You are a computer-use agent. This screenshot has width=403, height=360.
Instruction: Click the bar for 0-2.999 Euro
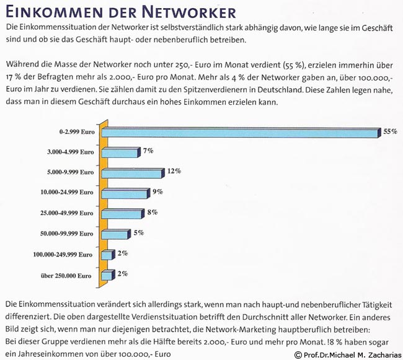click(239, 133)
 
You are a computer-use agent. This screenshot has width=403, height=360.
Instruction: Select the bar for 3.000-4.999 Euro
click(118, 152)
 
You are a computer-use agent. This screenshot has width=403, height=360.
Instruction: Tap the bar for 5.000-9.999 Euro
click(131, 173)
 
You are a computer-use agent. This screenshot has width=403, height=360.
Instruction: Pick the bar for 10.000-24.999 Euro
click(124, 193)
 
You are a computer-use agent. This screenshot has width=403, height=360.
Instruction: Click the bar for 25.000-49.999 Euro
click(122, 214)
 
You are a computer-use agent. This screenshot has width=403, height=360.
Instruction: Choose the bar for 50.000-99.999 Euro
click(115, 234)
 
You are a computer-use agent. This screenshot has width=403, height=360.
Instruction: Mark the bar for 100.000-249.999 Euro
click(107, 255)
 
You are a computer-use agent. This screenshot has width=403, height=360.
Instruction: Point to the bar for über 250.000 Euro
click(107, 275)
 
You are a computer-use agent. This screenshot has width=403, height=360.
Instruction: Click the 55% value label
click(390, 131)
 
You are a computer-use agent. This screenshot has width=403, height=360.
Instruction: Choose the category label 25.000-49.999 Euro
click(66, 213)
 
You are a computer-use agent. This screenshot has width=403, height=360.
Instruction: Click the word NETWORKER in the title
click(184, 12)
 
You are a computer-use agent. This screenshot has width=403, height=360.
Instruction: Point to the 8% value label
click(152, 212)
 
